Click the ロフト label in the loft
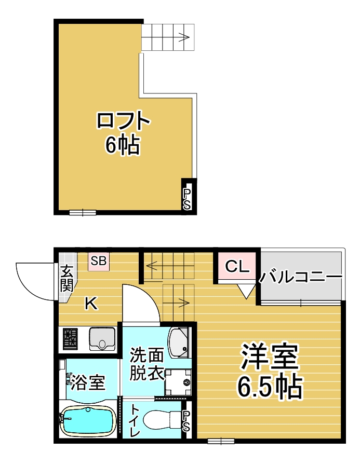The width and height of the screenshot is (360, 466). click(124, 120)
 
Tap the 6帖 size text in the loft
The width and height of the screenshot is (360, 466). click(122, 145)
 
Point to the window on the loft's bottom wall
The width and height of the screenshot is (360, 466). click(83, 212)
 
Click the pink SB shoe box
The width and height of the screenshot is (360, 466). click(99, 261)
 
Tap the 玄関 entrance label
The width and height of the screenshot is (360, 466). click(67, 278)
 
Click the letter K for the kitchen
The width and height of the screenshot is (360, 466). click(91, 304)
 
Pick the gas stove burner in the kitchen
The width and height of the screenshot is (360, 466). click(70, 339)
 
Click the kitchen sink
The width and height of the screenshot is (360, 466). click(102, 338)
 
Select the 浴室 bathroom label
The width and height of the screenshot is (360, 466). click(88, 382)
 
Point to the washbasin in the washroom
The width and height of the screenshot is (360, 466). click(178, 342)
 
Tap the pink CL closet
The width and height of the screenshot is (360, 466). click(237, 266)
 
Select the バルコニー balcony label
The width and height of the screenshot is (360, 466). click(300, 278)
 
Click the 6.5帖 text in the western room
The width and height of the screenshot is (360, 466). click(269, 387)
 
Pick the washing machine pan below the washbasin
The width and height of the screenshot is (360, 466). click(178, 382)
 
